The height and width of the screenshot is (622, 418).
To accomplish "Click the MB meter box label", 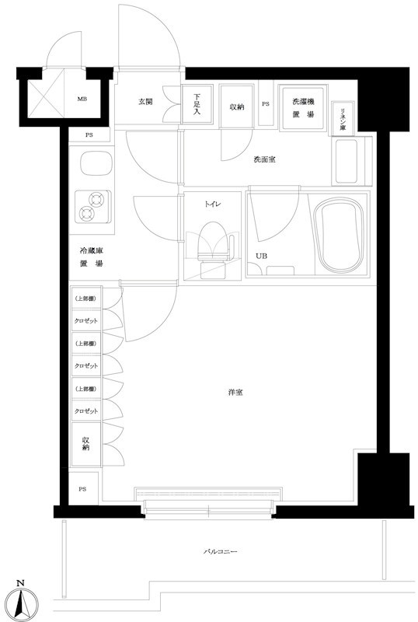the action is [82, 100].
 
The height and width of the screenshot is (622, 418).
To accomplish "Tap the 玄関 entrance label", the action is [145, 102].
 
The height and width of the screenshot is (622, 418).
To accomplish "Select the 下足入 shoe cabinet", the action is [197, 104].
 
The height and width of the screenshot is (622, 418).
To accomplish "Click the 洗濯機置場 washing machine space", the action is [303, 107].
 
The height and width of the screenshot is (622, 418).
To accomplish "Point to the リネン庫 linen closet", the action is [343, 119].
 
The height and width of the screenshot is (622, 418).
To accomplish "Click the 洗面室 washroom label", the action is [264, 160].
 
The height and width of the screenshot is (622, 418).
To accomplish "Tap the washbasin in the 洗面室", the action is [347, 161].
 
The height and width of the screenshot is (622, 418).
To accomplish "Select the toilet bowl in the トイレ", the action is [214, 242].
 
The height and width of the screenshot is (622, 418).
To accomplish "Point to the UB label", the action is [261, 257].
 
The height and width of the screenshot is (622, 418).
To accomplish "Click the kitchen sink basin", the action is [96, 163].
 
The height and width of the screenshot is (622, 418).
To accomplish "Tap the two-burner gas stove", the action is [92, 207].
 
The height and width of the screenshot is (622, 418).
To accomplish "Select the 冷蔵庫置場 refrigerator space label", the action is [92, 257].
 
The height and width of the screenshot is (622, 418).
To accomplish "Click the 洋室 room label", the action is [235, 393].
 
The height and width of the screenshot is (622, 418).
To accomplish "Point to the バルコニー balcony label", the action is [220, 551].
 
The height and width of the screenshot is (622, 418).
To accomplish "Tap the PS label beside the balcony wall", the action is [82, 489].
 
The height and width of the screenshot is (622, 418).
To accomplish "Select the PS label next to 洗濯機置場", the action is [265, 104].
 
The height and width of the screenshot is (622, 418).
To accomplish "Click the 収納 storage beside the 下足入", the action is [236, 107].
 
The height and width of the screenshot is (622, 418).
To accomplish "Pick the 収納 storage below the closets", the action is [85, 444].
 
